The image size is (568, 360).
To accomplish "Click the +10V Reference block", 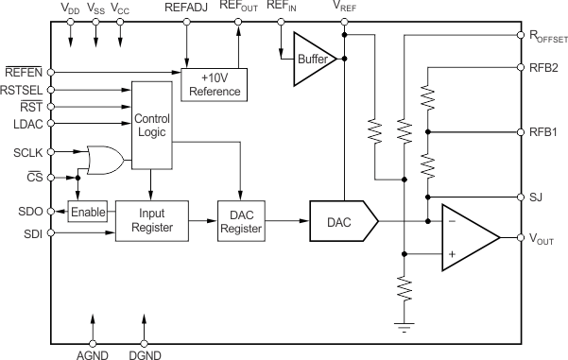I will click(x=213, y=84).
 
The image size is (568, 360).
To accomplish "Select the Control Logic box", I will click(x=151, y=126).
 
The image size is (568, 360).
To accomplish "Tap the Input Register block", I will click(x=151, y=220).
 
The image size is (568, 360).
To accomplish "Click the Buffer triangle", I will click(x=312, y=58).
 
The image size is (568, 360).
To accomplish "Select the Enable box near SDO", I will click(x=88, y=211).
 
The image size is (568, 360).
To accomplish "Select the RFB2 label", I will click(x=544, y=67).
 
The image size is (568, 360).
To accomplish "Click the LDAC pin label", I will click(x=20, y=124).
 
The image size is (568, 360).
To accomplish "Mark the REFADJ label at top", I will click(x=184, y=8).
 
